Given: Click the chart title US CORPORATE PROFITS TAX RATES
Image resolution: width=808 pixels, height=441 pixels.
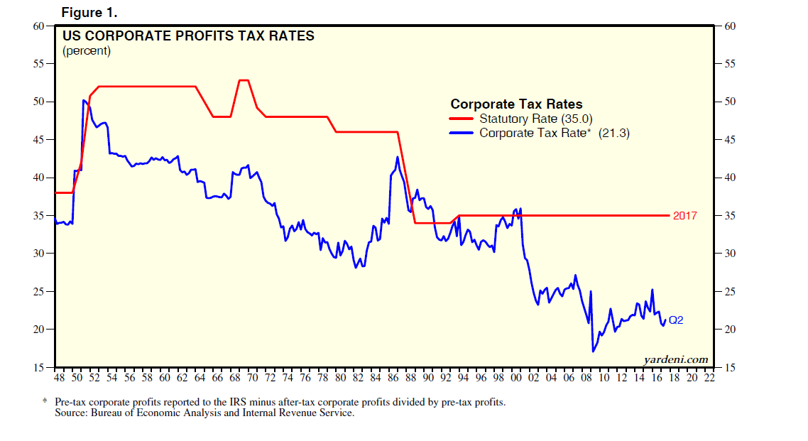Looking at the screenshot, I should coord(188,36).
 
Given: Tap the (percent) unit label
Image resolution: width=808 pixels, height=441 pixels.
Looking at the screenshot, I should coord(87,51).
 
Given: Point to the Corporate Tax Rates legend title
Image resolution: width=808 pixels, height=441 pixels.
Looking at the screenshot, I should coord(516,104).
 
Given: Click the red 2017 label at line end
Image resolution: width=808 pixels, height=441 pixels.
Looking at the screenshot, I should coord(685,216).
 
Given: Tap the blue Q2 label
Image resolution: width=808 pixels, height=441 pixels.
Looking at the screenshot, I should coord(676,320).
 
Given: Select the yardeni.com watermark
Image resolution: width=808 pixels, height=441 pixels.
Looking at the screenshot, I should coord(675,359).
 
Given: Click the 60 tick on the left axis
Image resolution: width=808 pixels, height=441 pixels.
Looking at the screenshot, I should coord(38,26).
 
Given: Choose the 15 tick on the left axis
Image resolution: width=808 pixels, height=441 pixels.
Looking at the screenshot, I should coord(38,367).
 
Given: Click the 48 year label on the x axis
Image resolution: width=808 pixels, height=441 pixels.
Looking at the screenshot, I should coord(60,378).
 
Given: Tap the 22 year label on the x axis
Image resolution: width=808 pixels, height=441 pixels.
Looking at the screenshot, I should coord(709,378).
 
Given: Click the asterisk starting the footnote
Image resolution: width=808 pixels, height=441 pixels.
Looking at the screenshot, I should coord(45,402).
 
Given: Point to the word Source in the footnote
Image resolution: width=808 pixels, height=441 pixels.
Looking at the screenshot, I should coord(70,413).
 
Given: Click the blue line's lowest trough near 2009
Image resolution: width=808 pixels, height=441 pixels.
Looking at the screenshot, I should coord(593,351).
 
